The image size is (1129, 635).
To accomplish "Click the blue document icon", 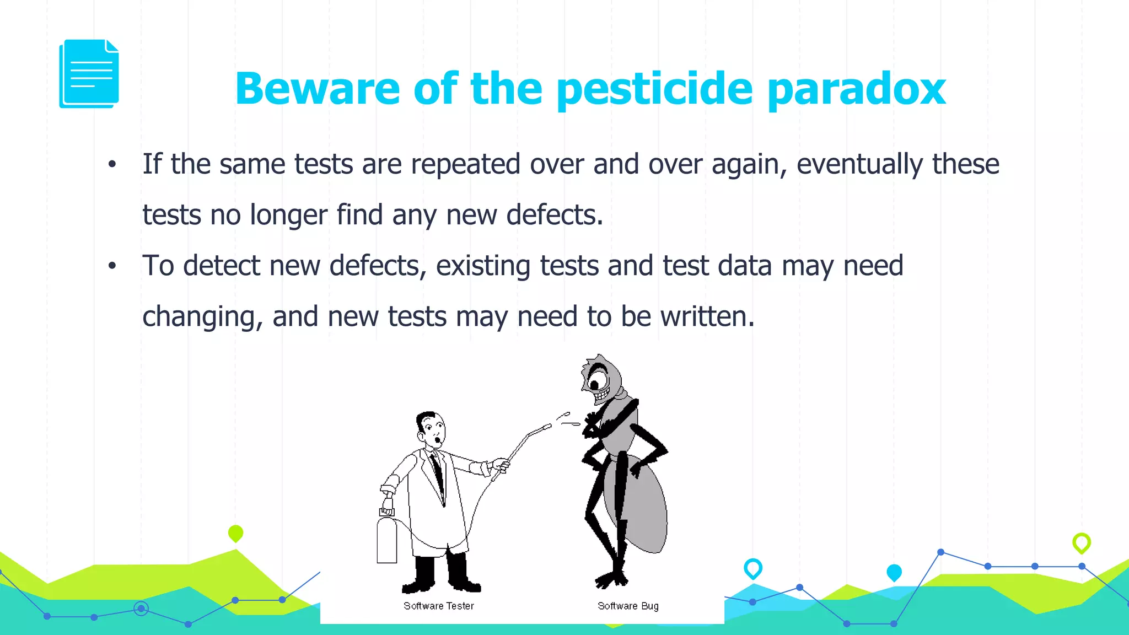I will pos(89,74).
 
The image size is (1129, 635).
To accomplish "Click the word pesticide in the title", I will pos(654,89).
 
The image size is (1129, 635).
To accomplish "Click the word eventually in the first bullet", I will pos(859,165).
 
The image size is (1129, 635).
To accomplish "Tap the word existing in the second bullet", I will pos(483,266).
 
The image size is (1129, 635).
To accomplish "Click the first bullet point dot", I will pos(112,164).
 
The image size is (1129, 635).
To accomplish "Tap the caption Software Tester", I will pos(438,606).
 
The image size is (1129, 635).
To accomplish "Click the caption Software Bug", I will pos(628,606).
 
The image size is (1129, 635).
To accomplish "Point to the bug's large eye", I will pos(596,381).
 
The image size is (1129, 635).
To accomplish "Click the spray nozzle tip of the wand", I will pos(548,426).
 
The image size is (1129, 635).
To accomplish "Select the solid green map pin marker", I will pos(235,533).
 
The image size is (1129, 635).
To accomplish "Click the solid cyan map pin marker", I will pos(894,572).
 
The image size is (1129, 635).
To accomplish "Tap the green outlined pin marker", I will pos(1081,542).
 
